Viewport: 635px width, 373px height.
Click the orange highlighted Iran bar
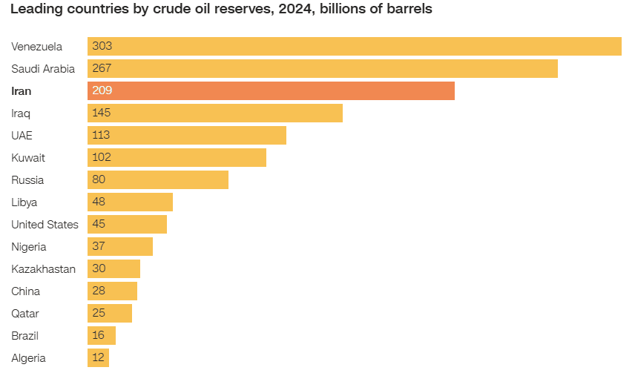[x=271, y=90]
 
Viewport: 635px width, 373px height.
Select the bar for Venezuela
[x=354, y=46]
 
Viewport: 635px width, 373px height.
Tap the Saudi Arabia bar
[x=322, y=68]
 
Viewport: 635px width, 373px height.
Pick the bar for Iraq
[x=215, y=113]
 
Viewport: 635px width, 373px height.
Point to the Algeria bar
[x=98, y=357]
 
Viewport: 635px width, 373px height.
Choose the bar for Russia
[x=158, y=179]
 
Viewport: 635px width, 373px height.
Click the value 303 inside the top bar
[x=102, y=46]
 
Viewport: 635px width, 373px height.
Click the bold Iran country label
[x=22, y=91]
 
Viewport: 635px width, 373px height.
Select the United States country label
[x=45, y=225]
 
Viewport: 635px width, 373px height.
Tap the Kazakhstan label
[x=43, y=269]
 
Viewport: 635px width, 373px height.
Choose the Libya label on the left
[x=24, y=202]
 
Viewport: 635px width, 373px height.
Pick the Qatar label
[x=25, y=314]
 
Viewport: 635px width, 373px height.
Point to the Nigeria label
[x=29, y=247]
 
